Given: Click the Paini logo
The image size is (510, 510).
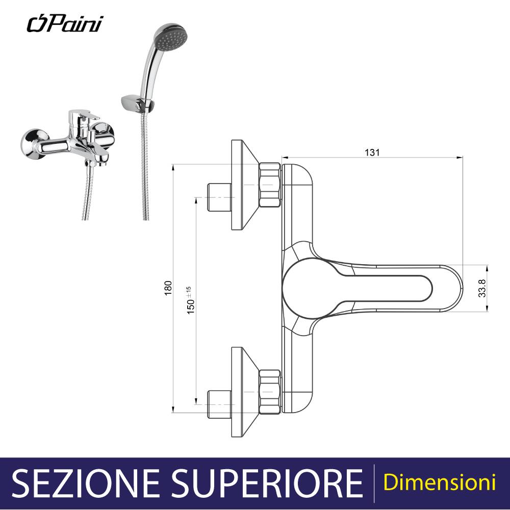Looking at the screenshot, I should pyautogui.click(x=64, y=23).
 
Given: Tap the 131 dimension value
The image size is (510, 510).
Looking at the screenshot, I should pyautogui.click(x=372, y=151).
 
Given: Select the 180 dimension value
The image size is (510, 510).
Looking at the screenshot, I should pyautogui.click(x=168, y=288).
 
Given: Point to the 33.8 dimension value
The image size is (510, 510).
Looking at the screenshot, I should pyautogui.click(x=481, y=288).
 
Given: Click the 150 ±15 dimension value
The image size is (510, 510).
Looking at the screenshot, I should pyautogui.click(x=191, y=300).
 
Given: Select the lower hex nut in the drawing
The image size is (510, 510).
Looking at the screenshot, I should pyautogui.click(x=270, y=390).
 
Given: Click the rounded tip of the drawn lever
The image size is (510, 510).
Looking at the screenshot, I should pyautogui.click(x=455, y=288).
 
